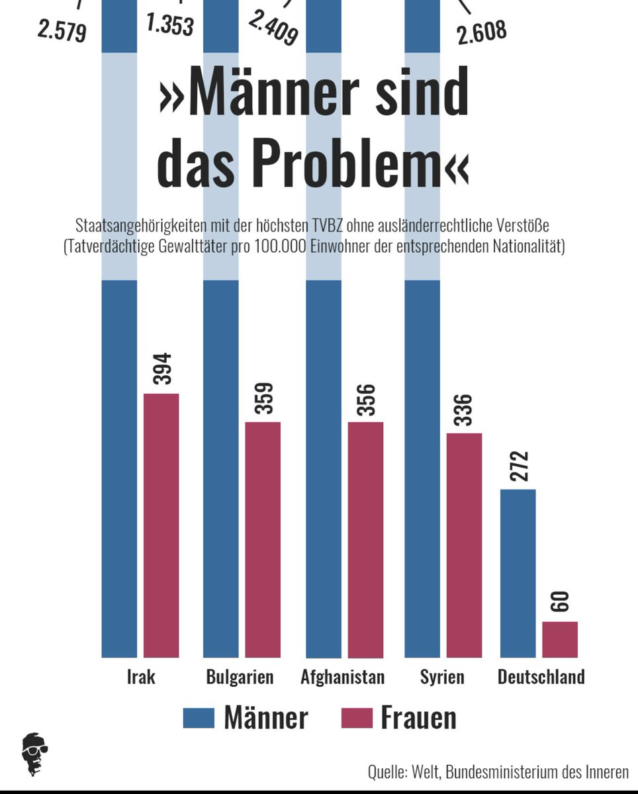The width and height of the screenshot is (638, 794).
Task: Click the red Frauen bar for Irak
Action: (161, 525)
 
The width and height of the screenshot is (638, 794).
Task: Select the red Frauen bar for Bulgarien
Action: (263, 539)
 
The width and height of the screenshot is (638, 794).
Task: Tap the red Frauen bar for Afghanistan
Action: (365, 539)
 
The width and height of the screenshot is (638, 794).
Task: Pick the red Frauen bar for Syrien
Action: (464, 545)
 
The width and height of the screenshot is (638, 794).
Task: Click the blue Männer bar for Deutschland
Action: (518, 573)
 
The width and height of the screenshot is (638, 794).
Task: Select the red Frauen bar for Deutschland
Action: (560, 639)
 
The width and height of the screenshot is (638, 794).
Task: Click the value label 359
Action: (263, 398)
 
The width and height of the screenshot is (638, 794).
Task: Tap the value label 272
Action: (520, 467)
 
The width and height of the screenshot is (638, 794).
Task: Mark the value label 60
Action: (560, 602)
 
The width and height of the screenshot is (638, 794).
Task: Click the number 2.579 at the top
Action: (62, 31)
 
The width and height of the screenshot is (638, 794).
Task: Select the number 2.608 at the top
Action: (481, 31)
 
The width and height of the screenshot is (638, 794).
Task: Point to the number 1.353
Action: (169, 24)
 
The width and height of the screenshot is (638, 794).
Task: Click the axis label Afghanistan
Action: (342, 678)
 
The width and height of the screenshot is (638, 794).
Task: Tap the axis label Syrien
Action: (442, 678)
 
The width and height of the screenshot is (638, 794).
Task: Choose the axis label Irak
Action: (141, 678)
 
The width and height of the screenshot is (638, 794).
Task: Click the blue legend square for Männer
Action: (199, 717)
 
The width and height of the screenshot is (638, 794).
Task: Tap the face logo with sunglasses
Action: (34, 754)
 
